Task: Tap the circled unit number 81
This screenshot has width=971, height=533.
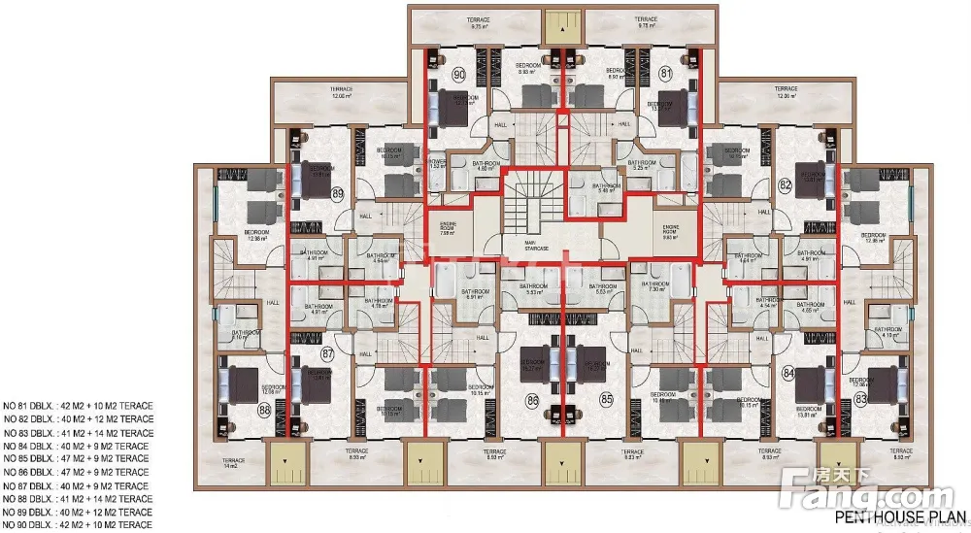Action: (667, 74)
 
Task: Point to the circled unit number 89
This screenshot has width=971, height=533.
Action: (338, 194)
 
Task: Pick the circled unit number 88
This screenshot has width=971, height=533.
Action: (263, 410)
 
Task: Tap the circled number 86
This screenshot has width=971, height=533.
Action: (532, 399)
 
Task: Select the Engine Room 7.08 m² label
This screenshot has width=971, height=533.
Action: (448, 229)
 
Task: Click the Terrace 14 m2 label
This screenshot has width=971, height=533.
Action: (232, 463)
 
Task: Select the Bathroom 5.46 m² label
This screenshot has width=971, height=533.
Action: (607, 187)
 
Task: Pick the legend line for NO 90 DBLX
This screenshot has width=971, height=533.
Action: (78, 524)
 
